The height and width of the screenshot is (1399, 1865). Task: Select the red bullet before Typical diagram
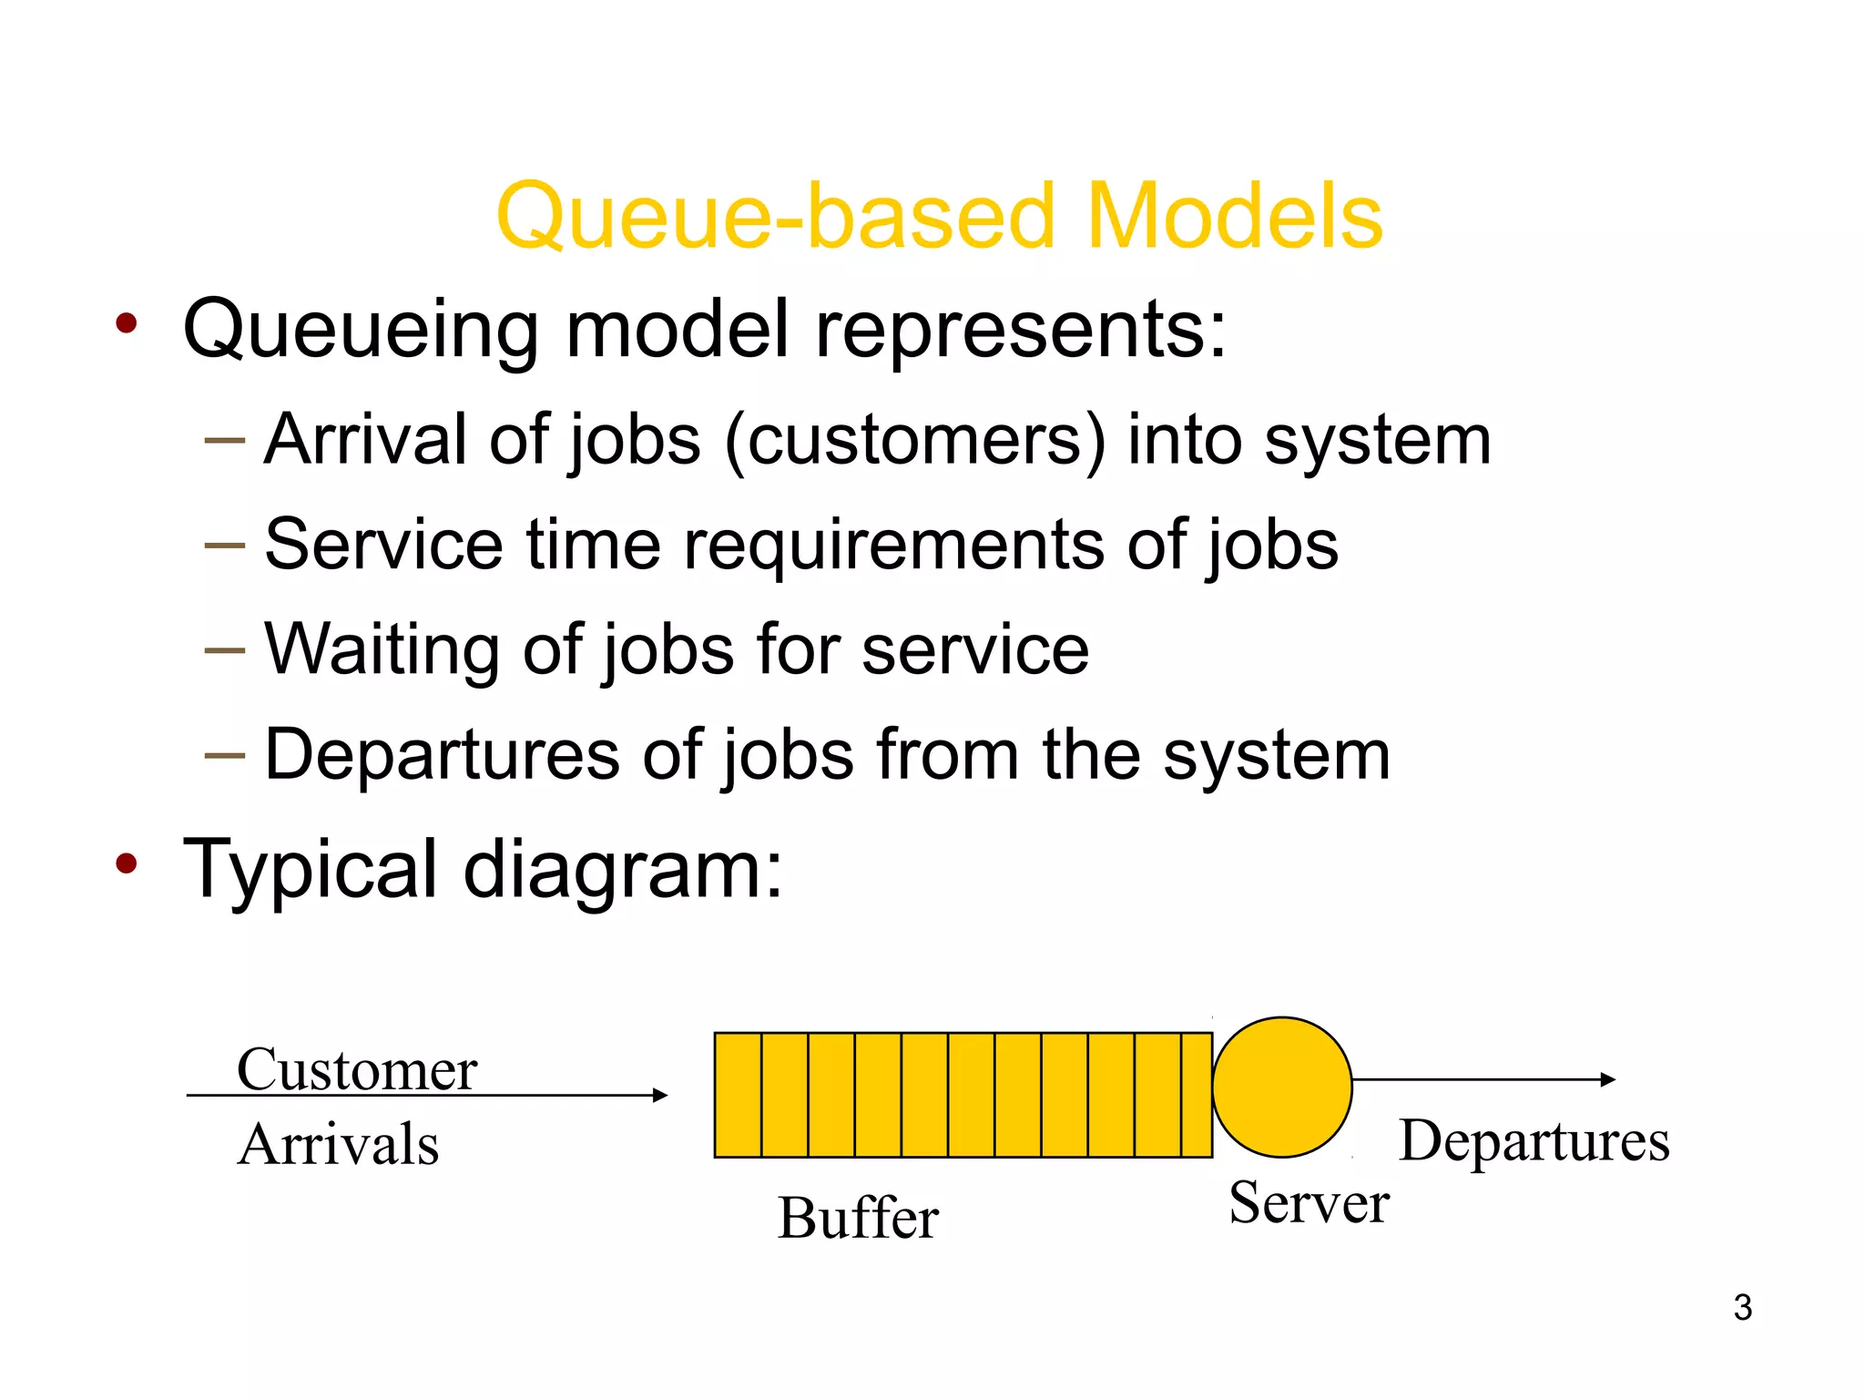[127, 863]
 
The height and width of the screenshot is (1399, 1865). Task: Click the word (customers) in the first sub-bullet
[915, 441]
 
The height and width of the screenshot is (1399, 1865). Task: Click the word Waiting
[382, 649]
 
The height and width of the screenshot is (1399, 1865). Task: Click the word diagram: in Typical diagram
[623, 869]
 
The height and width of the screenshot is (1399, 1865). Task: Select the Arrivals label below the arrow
[339, 1144]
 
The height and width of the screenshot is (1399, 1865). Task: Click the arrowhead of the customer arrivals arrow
[661, 1095]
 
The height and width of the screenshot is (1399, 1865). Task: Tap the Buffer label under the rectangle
[858, 1218]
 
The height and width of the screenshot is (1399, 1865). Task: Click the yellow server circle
[1282, 1088]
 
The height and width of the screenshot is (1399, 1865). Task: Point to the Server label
[1309, 1202]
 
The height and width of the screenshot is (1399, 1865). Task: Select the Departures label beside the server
[1534, 1140]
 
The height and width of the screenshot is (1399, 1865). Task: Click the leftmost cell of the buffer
[738, 1095]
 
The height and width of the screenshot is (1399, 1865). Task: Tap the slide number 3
[1742, 1308]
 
